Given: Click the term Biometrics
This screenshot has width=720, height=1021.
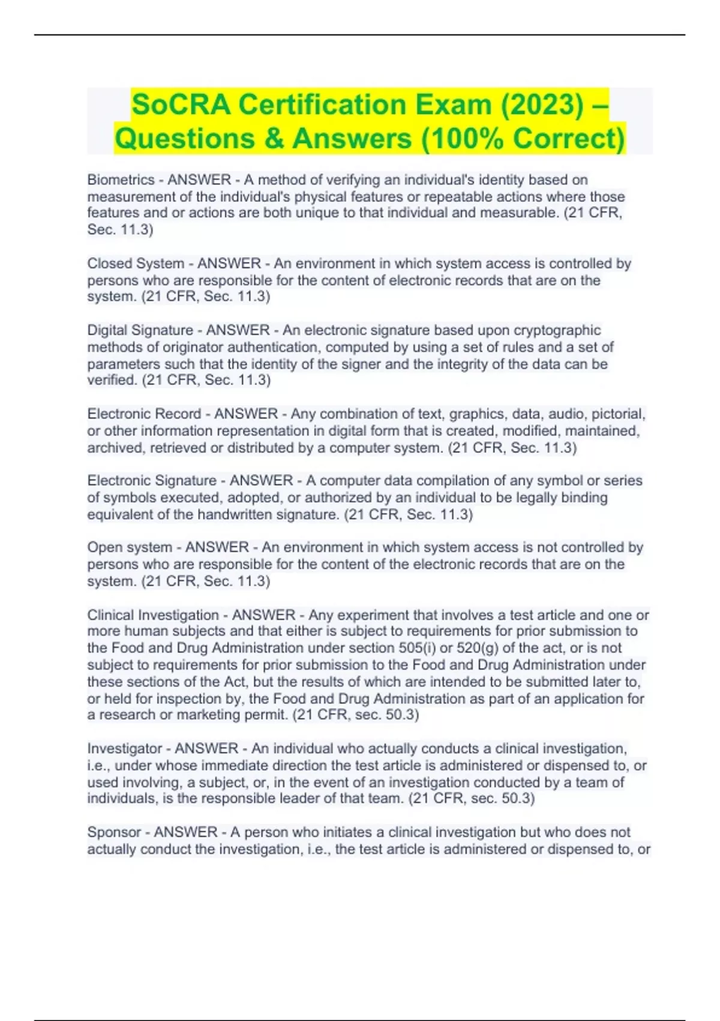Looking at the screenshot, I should click(x=121, y=180).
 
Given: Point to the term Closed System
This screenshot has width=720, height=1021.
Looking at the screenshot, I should click(x=136, y=264).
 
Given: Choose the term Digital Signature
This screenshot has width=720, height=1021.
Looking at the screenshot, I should click(x=140, y=330).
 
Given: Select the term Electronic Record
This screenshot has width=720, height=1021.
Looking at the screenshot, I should click(x=144, y=414).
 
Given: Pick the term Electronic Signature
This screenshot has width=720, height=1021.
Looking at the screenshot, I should click(x=152, y=480).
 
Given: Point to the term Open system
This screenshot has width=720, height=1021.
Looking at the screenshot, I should click(x=130, y=547).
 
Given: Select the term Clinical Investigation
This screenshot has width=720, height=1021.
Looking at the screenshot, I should click(x=153, y=615).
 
